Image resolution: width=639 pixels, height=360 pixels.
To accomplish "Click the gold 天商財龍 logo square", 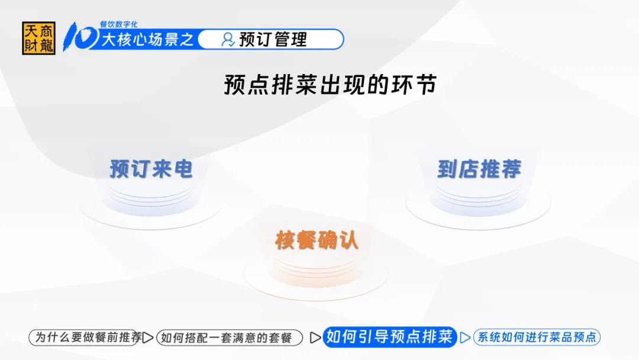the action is point(38,38).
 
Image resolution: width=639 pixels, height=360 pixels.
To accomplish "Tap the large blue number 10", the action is point(80,37).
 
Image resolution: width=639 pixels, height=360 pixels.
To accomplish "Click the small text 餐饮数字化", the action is point(118,24).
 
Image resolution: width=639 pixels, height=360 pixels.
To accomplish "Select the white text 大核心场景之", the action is point(147,40).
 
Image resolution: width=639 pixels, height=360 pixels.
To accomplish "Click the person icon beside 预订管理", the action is point(227,40).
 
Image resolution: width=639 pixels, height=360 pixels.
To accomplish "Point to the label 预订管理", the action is point(273,40).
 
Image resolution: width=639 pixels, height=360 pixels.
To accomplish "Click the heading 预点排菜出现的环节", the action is point(331,85).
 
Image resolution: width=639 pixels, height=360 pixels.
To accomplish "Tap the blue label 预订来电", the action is point(151,169).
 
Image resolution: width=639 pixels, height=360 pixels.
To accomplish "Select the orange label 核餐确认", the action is point(317,240).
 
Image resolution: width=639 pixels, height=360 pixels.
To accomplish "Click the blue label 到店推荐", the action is point(479,169).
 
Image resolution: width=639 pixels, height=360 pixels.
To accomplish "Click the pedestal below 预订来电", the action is point(151,206).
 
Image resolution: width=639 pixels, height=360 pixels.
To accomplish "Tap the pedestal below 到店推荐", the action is point(479,206).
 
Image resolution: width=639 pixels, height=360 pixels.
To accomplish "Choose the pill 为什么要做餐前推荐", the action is point(86,337).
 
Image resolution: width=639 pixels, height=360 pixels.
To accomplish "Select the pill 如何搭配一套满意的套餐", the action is point(230,337).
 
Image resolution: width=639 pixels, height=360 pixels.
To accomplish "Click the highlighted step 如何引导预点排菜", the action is point(389,337).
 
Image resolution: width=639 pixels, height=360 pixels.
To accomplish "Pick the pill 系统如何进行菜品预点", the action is point(537,337).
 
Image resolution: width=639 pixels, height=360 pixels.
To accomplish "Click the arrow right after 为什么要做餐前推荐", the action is point(148,337).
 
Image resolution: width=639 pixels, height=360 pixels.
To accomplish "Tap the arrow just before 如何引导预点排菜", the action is point(315,337).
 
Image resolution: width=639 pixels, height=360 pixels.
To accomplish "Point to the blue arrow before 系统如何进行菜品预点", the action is point(465,337).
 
